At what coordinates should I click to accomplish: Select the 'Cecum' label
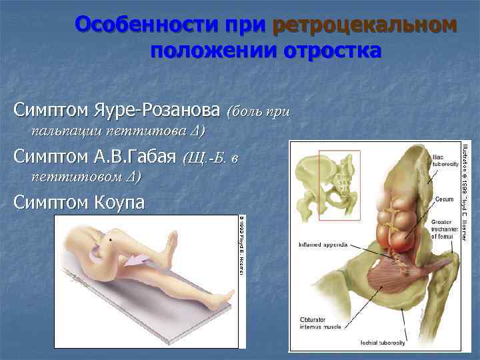(444, 198)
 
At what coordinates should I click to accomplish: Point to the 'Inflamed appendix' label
(325, 244)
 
